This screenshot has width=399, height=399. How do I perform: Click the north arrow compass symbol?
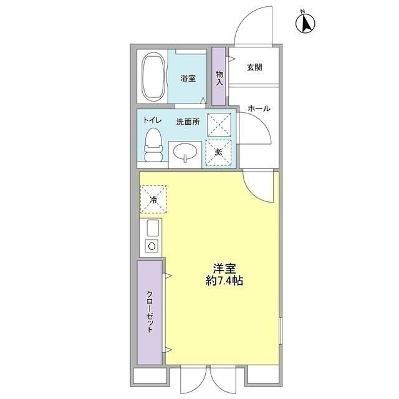[306, 22]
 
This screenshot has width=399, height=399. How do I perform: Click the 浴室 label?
[188, 78]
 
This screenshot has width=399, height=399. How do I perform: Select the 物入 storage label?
[219, 78]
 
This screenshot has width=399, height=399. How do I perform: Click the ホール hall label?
[259, 108]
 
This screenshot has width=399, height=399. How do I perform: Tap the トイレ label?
[153, 121]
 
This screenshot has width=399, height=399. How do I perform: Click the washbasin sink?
[185, 153]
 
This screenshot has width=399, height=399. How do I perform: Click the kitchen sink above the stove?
[153, 227]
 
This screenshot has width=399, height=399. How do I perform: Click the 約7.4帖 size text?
[224, 281]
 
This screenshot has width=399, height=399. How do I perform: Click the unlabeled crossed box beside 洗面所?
[219, 125]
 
